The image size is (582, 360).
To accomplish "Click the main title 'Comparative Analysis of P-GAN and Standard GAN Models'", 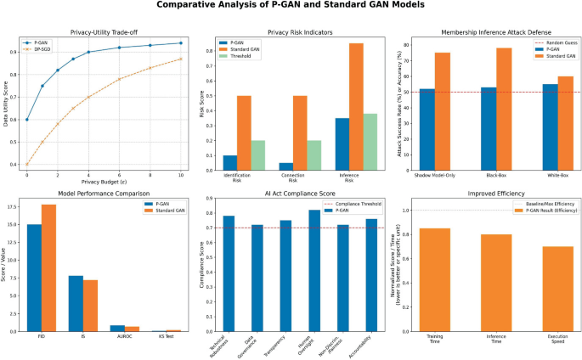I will pyautogui.click(x=291, y=8).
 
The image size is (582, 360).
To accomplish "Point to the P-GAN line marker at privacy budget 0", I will pyautogui.click(x=27, y=120).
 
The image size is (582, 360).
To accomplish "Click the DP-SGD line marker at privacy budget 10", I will pyautogui.click(x=181, y=59).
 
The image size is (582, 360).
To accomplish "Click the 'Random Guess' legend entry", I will pyautogui.click(x=549, y=42).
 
